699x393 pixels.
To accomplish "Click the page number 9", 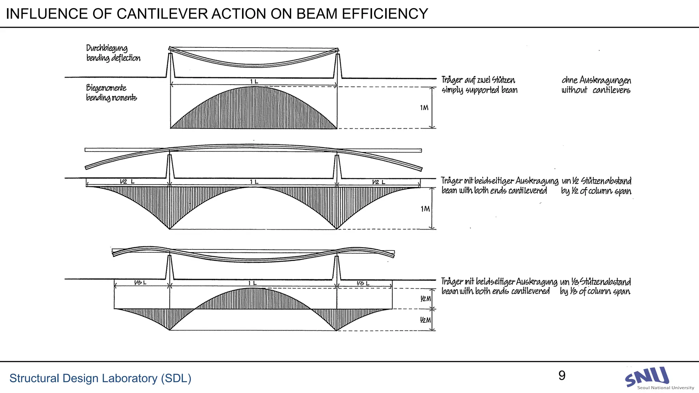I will coord(562,376).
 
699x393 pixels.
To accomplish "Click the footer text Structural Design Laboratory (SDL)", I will coord(100,378).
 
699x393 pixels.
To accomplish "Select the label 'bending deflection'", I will coord(113,58).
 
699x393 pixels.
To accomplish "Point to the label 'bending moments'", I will coord(111,98).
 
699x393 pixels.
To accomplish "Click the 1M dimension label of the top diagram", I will coord(424,108).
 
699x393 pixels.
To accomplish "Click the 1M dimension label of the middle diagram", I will coord(425,209).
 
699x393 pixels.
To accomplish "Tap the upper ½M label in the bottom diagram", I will coord(425,299).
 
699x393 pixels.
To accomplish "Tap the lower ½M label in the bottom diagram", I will coord(425,320).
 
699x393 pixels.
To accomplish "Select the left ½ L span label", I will coord(127,182).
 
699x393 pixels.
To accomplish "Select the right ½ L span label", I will coord(379,182).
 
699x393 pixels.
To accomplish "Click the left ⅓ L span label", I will coord(140,283).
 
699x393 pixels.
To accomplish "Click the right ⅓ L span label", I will coord(363,283).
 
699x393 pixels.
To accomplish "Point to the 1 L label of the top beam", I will coord(254,82).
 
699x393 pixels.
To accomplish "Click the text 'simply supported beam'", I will coord(479,90).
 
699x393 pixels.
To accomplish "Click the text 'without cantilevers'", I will coord(596,90).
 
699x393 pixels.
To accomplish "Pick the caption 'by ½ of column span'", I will coord(596,191).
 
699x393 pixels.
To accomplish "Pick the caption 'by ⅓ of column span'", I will coord(595,291).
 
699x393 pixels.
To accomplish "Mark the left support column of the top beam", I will coord(170,65).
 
